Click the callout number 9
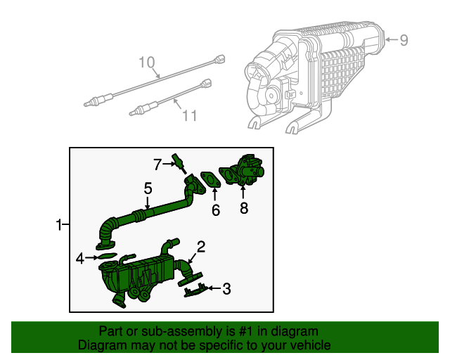[x=404, y=41]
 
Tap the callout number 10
[x=146, y=63]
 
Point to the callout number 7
[x=158, y=165]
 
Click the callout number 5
[x=148, y=188]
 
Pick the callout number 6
[x=216, y=209]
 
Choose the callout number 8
[x=244, y=207]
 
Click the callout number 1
[x=59, y=225]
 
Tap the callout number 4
[x=81, y=259]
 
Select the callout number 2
[x=201, y=246]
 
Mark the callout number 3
[x=226, y=288]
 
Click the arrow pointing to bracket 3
[x=214, y=288]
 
